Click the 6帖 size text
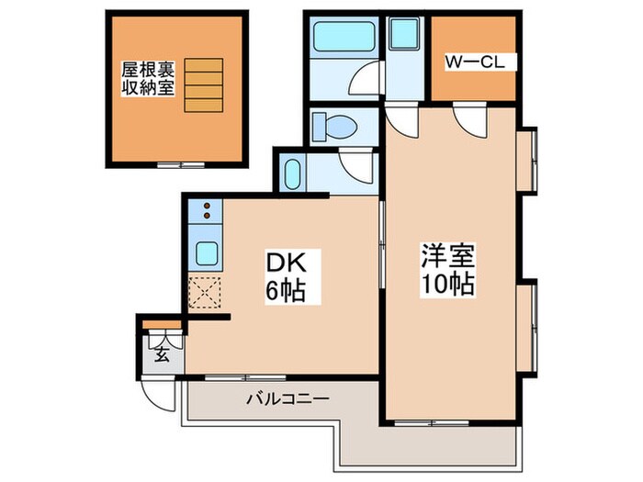coord(284,292)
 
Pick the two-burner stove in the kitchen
coord(205,212)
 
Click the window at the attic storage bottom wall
coord(179,165)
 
